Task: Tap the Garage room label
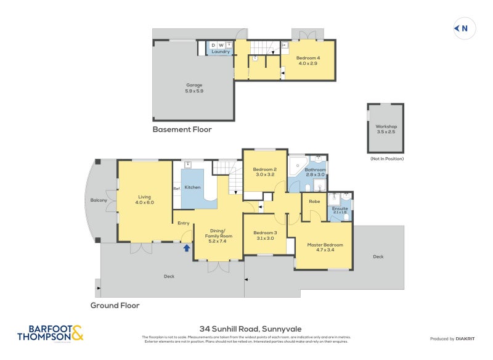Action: (194, 85)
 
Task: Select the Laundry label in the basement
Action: (221, 52)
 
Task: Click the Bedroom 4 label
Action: (309, 57)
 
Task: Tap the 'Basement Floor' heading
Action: (182, 129)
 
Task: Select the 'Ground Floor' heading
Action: (115, 305)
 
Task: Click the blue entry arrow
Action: (186, 248)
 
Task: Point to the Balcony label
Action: (99, 200)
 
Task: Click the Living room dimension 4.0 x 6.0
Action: (145, 203)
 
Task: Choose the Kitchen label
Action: (193, 187)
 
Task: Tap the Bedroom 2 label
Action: (266, 170)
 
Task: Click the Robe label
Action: (314, 201)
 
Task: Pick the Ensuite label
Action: (340, 208)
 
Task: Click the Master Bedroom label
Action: (325, 245)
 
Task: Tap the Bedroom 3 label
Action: (266, 232)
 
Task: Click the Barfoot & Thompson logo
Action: (51, 333)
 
